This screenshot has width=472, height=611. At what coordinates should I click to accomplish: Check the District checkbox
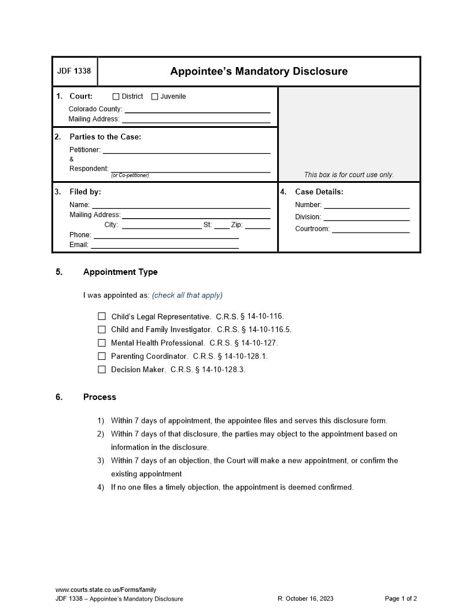click(116, 97)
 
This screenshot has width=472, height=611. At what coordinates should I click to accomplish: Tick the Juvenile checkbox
click(154, 97)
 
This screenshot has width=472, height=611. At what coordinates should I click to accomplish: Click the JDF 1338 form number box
click(75, 72)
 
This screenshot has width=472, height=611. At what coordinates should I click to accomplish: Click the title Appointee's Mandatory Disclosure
click(259, 72)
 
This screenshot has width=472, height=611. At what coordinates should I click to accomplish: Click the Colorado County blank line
click(197, 109)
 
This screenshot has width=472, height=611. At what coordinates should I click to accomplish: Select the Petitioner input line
click(186, 150)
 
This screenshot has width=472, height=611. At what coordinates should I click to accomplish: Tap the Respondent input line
click(190, 168)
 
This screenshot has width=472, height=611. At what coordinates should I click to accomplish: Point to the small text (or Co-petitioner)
click(130, 175)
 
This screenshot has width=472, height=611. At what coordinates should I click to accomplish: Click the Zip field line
click(257, 225)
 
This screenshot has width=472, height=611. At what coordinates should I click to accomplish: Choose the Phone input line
click(166, 235)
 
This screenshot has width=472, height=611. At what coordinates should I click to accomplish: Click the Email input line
click(165, 245)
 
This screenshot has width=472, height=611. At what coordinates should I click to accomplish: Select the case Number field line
click(366, 205)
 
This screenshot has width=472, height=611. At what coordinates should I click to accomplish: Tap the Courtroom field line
click(370, 229)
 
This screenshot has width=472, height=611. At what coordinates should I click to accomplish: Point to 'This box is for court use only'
click(349, 175)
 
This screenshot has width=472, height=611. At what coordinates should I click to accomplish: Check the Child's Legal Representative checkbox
click(102, 316)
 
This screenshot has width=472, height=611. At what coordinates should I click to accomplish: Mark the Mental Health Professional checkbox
click(102, 343)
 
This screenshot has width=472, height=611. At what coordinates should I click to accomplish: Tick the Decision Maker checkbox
click(102, 370)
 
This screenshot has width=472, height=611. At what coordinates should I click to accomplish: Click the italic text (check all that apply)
click(187, 295)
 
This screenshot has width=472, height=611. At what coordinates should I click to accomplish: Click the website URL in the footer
click(106, 590)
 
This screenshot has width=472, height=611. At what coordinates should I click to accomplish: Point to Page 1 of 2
click(400, 599)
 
